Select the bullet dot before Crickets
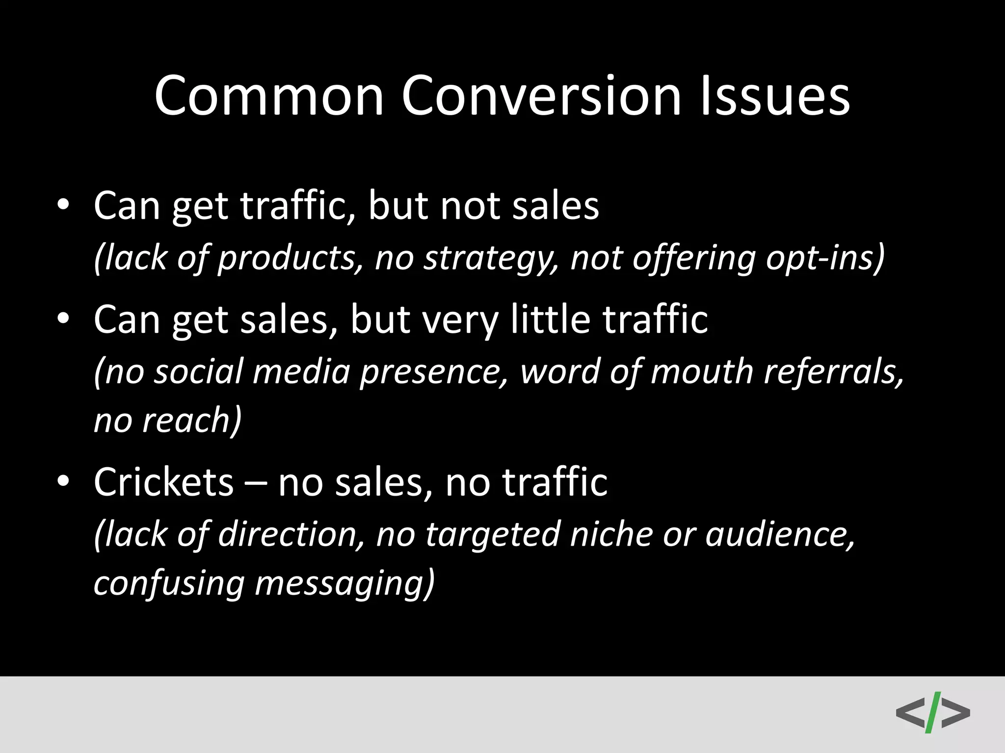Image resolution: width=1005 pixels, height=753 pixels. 63,481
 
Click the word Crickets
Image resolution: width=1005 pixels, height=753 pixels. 163,481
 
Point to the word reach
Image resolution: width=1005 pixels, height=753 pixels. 191,421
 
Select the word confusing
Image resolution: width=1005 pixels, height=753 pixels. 169,583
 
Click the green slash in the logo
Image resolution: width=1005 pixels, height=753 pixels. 933,712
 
